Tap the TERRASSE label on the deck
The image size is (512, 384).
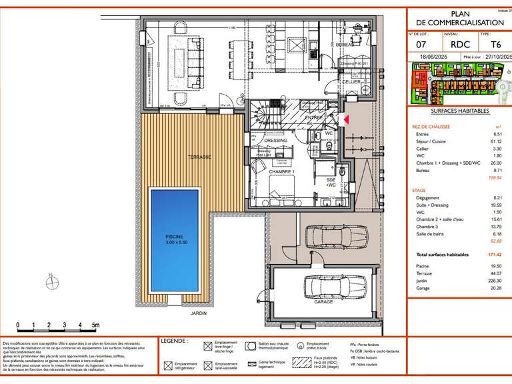tap(199, 157)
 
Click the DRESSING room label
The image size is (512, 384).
tap(275, 141)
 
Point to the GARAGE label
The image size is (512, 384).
tap(324, 301)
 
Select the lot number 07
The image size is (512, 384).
tap(421, 45)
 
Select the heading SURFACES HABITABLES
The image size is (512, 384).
tap(460, 111)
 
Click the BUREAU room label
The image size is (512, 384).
tap(345, 45)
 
